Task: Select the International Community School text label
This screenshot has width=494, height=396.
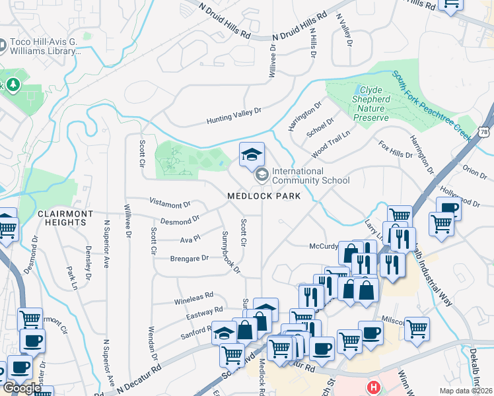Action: click(310, 176)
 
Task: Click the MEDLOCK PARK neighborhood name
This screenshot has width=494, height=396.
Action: click(264, 196)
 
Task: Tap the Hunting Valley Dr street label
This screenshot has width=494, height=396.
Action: click(234, 117)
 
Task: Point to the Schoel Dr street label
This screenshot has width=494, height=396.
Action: click(321, 125)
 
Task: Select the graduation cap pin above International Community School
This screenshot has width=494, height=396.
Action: click(251, 154)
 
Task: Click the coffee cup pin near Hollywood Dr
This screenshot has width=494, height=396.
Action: click(448, 208)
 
